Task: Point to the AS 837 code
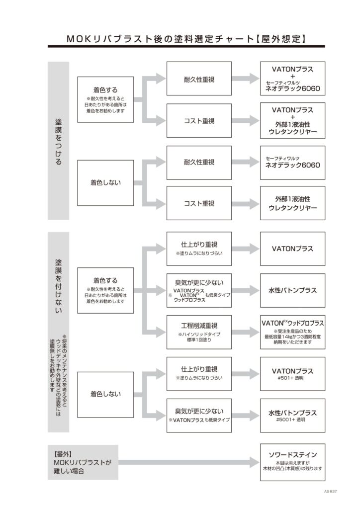(330, 491)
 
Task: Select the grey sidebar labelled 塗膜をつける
(58, 141)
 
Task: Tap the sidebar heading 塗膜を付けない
(58, 286)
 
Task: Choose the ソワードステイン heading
(292, 454)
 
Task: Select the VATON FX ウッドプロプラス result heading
(292, 323)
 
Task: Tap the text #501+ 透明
(292, 378)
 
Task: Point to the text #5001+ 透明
(292, 420)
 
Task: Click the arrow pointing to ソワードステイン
(189, 462)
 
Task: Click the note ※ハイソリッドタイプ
(199, 335)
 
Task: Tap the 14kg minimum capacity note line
(292, 337)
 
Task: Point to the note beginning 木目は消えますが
(292, 462)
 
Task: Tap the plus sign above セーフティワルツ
(292, 77)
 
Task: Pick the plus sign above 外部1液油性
(292, 117)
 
